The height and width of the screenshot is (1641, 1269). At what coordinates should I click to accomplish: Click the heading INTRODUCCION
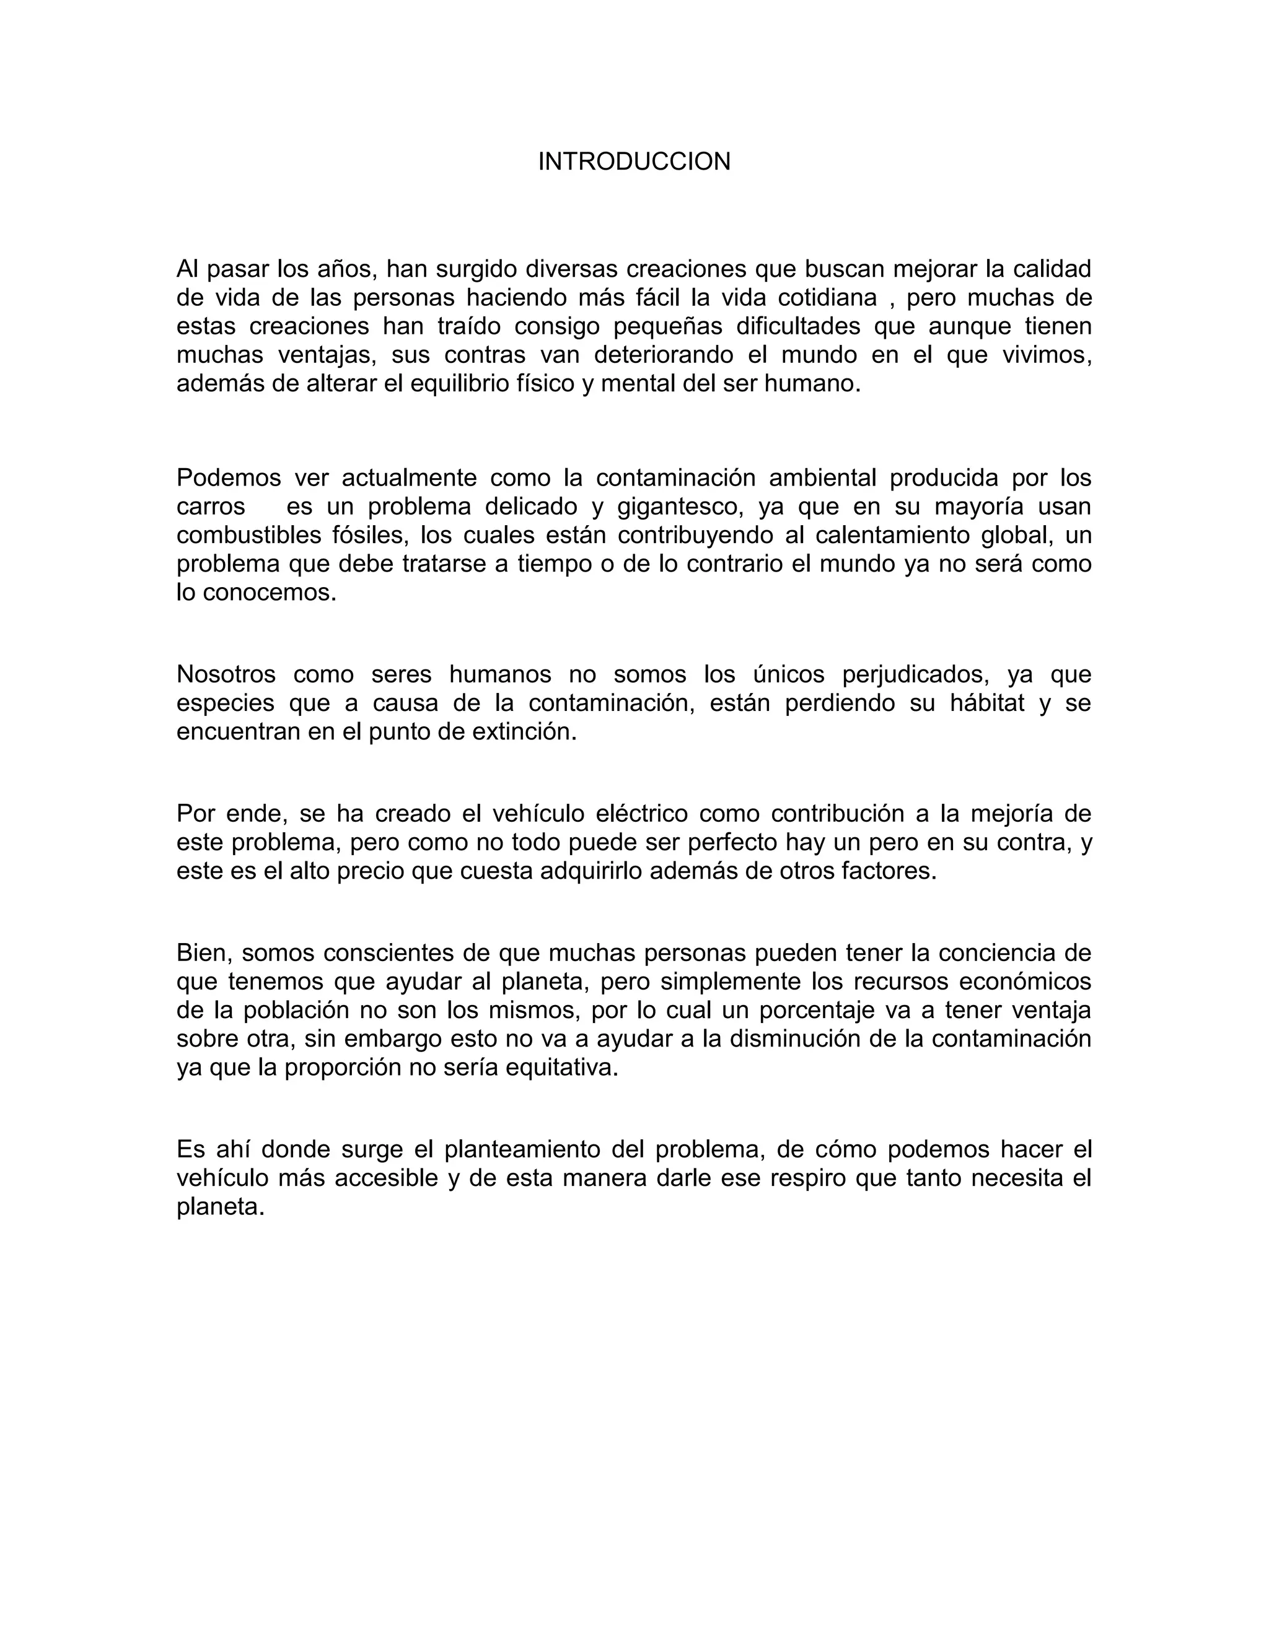634,162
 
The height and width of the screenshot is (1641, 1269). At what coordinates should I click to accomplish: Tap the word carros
211,507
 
